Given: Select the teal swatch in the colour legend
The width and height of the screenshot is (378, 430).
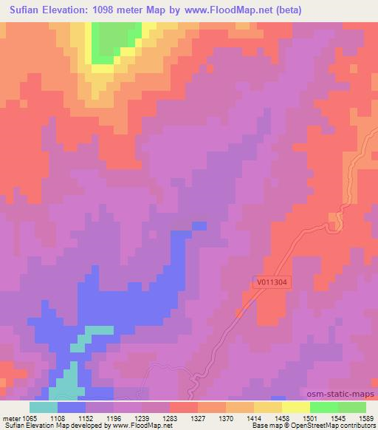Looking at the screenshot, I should coord(44,407).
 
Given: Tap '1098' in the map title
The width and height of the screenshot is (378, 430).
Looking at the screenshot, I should coord(116,10).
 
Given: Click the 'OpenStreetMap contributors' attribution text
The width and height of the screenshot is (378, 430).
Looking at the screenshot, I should coord(335,426).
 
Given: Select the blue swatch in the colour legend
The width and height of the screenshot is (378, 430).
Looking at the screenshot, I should coord(72,407).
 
